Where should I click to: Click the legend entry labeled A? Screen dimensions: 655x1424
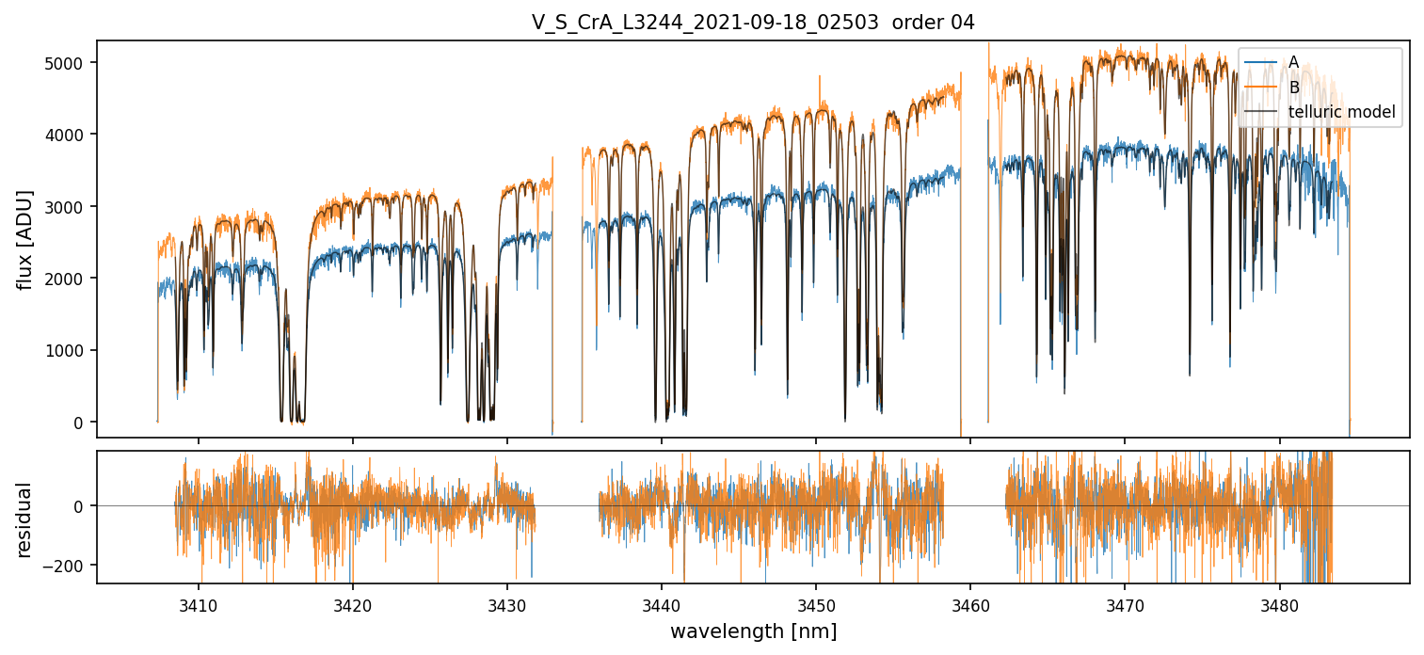(1293, 62)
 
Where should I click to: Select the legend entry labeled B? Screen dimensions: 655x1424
(1293, 88)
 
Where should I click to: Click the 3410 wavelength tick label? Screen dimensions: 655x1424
(199, 602)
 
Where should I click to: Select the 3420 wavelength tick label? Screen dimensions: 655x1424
(353, 602)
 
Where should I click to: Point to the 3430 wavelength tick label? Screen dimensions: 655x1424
(507, 602)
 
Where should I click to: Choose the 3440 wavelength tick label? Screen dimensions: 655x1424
(662, 602)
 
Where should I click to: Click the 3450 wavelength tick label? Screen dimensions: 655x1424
(816, 602)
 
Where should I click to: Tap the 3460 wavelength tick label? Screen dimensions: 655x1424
(970, 602)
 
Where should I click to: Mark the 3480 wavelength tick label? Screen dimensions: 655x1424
(1280, 602)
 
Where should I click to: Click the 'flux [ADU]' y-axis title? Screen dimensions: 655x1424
(26, 239)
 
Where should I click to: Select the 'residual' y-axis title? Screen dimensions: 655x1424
(26, 519)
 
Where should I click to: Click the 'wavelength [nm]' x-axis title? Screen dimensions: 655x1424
(753, 631)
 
